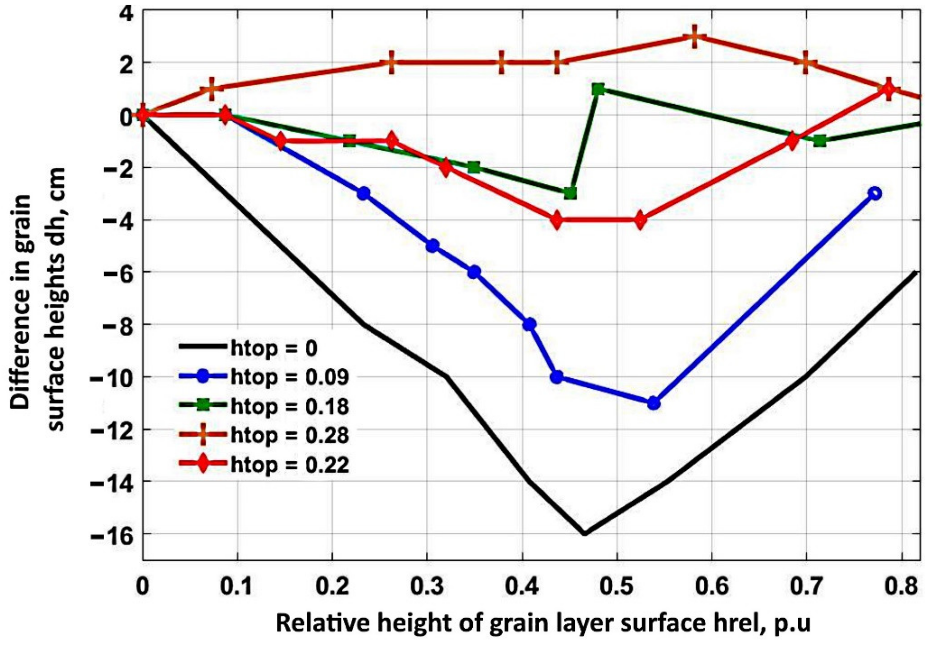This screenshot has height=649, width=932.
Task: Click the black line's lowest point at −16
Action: tap(585, 534)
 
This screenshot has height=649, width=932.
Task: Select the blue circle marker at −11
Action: tap(653, 404)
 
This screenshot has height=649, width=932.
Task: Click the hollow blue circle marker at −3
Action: tap(875, 193)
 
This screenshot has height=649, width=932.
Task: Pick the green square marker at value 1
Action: tap(598, 89)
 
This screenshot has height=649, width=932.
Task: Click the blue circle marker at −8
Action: tap(530, 324)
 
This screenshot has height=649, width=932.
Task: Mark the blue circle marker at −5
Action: tap(433, 245)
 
